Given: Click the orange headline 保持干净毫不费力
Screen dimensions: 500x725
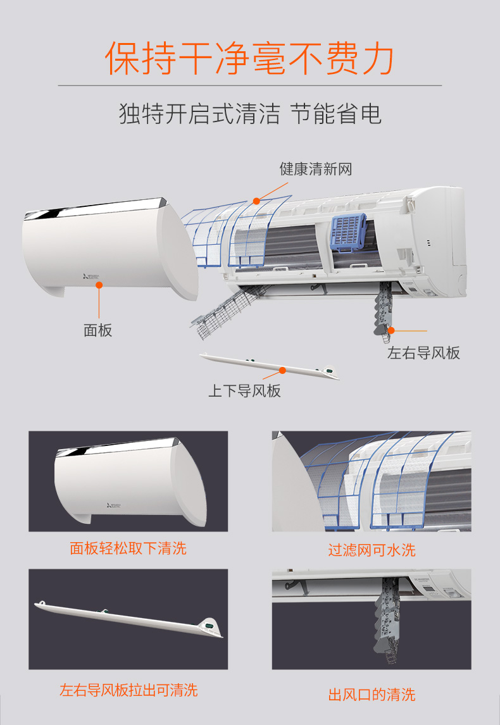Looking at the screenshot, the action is tap(250, 58).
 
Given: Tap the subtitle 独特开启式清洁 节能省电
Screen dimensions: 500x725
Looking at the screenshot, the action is tap(250, 114).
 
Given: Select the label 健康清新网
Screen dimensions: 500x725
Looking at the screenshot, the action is tap(315, 169).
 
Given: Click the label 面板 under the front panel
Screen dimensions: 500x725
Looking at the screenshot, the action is tap(97, 330).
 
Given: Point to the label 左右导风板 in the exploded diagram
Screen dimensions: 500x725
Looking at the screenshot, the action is tap(423, 353).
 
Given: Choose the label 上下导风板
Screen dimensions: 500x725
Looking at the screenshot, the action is tap(245, 391).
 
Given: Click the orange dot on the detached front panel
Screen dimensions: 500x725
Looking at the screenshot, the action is tap(99, 285).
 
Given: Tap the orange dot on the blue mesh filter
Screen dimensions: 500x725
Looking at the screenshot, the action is tap(256, 201).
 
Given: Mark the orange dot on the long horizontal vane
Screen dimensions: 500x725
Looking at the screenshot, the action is tap(283, 370).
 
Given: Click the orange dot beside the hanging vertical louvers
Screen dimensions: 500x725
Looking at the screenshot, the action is tap(391, 330).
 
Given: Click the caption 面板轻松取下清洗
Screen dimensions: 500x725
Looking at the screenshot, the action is tap(128, 548).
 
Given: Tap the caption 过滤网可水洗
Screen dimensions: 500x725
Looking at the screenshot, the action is tap(372, 550).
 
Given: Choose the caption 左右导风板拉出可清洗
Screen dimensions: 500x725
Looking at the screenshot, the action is tap(128, 690).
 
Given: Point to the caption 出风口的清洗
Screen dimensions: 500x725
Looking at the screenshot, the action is tap(372, 695).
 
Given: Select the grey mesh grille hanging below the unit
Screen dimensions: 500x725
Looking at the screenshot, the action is tap(230, 311).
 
